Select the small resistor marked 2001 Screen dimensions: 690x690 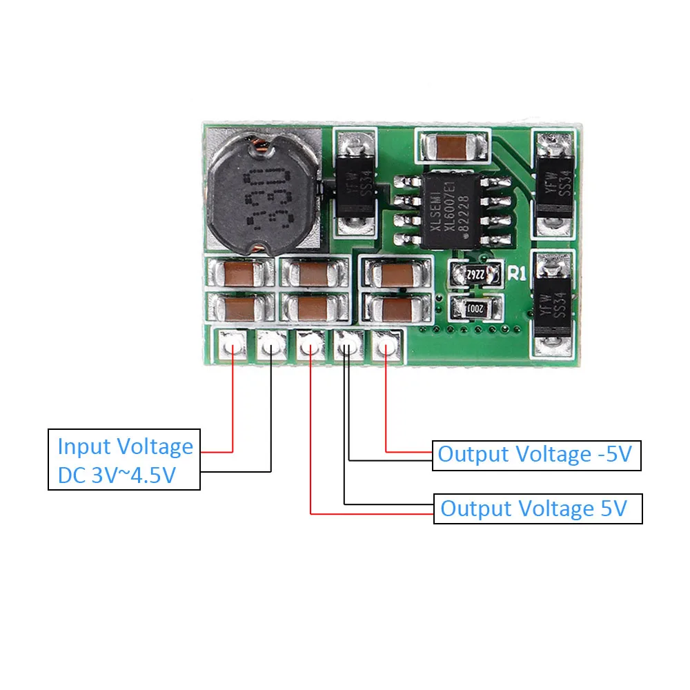[471, 308]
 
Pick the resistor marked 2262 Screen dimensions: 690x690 [473, 274]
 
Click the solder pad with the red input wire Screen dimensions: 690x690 [233, 344]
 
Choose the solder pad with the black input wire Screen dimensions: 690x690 [270, 344]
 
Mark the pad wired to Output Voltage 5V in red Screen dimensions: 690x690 [310, 344]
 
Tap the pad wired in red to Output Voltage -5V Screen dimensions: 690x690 [386, 344]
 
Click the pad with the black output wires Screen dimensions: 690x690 [348, 344]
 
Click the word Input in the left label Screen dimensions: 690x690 [83, 446]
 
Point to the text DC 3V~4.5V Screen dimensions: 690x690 [116, 477]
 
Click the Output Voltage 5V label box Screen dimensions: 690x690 [538, 509]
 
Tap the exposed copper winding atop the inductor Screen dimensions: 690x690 [261, 144]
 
